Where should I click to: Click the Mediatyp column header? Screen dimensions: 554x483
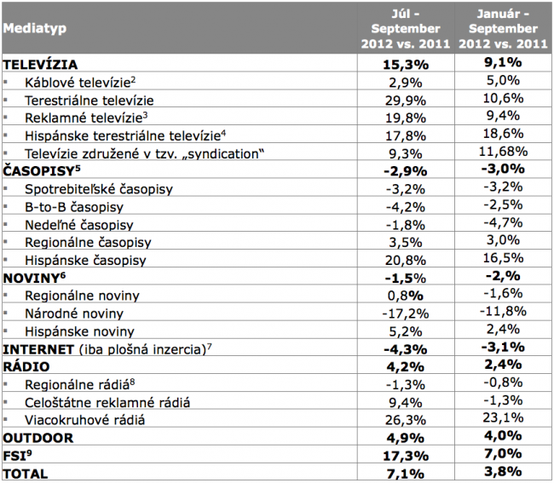(35, 28)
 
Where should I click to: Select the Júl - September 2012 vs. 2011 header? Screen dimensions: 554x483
(406, 29)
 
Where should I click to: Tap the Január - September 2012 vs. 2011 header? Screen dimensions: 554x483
(503, 29)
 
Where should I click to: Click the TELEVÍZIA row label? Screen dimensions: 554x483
(40, 65)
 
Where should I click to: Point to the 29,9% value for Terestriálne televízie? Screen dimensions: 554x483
(406, 101)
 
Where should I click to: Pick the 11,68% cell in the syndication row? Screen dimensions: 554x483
(503, 152)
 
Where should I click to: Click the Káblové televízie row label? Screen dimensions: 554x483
(80, 83)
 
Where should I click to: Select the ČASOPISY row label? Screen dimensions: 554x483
(42, 171)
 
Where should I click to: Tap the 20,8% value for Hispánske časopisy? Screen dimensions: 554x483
(406, 261)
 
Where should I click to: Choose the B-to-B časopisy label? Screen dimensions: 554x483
(74, 207)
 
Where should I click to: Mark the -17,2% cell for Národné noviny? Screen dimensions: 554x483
(406, 313)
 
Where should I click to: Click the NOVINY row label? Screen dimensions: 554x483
(34, 278)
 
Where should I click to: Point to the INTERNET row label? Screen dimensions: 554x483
(38, 349)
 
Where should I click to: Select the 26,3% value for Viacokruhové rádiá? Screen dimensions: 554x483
(406, 420)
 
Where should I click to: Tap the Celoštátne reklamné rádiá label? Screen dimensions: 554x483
(107, 402)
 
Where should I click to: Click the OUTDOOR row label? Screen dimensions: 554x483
(38, 438)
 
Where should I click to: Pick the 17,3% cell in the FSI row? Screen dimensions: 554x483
(406, 456)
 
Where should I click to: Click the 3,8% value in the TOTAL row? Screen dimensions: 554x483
(503, 471)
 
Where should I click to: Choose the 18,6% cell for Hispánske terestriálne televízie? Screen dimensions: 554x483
(503, 134)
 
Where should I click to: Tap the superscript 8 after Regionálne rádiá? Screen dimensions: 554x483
(132, 382)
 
